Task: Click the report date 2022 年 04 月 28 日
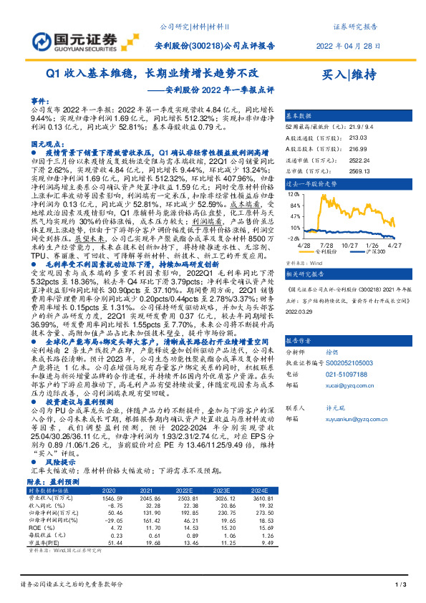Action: (347, 45)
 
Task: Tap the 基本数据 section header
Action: (299, 115)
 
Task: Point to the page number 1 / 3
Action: (400, 586)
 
